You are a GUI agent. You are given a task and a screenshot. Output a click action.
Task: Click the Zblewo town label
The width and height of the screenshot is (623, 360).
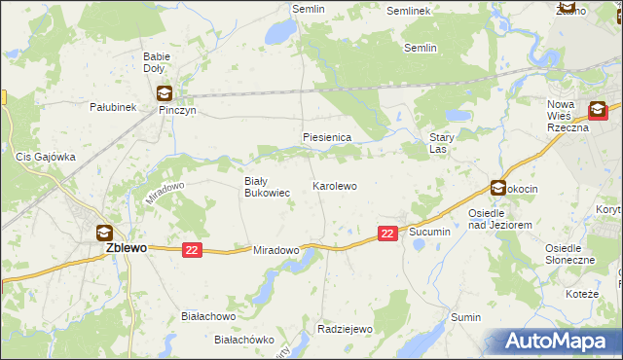126,248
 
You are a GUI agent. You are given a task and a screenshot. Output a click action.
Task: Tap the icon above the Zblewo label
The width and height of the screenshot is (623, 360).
104,233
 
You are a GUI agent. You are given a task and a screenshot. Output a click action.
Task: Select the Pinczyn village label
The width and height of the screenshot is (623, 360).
178,110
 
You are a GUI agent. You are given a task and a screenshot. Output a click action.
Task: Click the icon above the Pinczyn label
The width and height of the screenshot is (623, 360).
164,94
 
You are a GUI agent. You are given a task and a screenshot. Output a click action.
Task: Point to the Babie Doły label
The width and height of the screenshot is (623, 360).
156,63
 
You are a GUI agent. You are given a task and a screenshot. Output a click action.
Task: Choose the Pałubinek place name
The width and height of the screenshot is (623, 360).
112,106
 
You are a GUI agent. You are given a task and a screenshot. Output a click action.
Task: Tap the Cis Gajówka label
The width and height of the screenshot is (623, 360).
46,157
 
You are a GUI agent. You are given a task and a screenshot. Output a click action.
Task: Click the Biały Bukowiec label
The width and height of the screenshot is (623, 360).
266,187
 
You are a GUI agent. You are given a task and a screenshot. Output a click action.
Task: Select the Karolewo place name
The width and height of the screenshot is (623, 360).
334,185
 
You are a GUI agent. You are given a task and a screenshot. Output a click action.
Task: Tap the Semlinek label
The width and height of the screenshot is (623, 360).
408,11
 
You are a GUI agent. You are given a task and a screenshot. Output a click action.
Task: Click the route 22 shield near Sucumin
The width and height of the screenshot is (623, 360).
387,234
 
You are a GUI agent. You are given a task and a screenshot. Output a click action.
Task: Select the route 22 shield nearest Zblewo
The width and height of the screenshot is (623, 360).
192,250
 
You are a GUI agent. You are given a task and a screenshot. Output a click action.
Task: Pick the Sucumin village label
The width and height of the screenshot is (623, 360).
429,232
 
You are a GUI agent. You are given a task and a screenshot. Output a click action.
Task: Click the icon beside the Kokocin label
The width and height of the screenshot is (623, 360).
497,189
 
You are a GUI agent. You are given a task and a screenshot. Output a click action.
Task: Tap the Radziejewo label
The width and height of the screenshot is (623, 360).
346,329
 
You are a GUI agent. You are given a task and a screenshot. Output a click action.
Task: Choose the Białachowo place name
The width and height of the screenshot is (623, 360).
209,316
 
